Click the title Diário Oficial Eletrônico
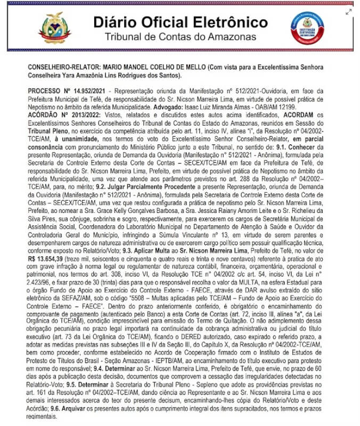coord(181,22)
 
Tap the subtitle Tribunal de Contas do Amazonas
coord(180,37)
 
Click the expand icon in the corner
coord(349,12)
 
